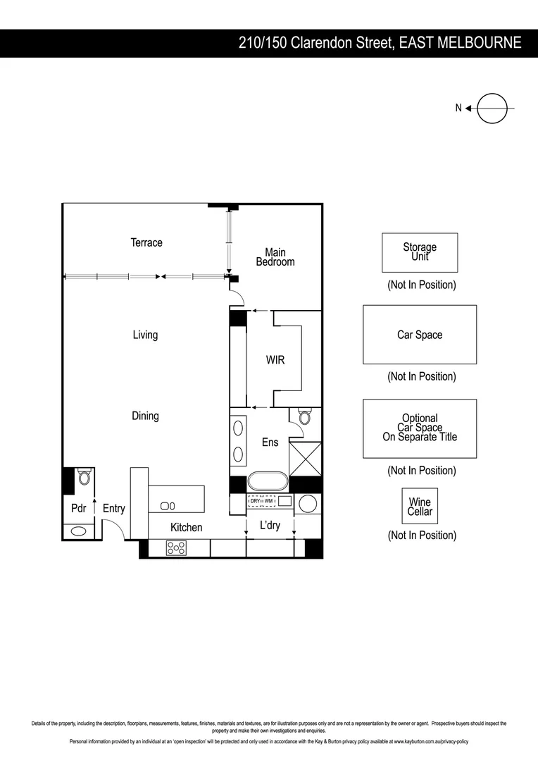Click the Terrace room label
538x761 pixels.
pyautogui.click(x=146, y=242)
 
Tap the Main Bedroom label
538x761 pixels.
pyautogui.click(x=275, y=257)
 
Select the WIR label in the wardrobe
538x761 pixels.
pyautogui.click(x=275, y=360)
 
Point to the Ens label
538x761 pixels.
pyautogui.click(x=270, y=443)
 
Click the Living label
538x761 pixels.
pyautogui.click(x=145, y=335)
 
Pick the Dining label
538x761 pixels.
pyautogui.click(x=145, y=416)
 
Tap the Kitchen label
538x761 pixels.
pyautogui.click(x=186, y=527)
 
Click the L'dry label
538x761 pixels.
pyautogui.click(x=270, y=525)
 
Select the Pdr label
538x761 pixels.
pyautogui.click(x=78, y=508)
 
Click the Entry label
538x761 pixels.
pyautogui.click(x=114, y=508)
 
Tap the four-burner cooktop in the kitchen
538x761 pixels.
pyautogui.click(x=176, y=547)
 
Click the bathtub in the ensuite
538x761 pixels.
pyautogui.click(x=268, y=482)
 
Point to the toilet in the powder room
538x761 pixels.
pyautogui.click(x=85, y=478)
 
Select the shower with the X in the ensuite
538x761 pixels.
pyautogui.click(x=305, y=458)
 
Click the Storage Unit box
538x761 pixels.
pyautogui.click(x=420, y=252)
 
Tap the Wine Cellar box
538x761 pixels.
pyautogui.click(x=420, y=507)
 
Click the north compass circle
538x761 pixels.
pyautogui.click(x=492, y=108)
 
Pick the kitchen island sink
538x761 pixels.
pyautogui.click(x=168, y=506)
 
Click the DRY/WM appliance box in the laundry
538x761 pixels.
pyautogui.click(x=261, y=501)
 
